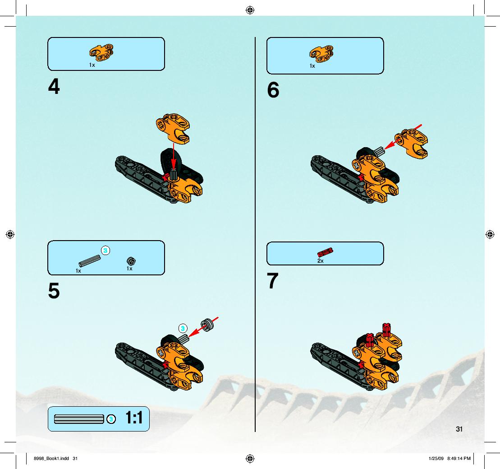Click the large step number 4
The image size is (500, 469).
[x=54, y=86]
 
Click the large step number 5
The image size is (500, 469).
[x=54, y=291]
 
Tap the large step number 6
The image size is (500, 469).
[x=273, y=90]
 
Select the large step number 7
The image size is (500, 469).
[x=273, y=281]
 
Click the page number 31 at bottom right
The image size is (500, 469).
[x=459, y=429]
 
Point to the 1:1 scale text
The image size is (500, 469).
[x=134, y=418]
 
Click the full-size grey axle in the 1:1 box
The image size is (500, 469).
[x=79, y=419]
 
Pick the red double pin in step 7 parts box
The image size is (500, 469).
[x=325, y=252]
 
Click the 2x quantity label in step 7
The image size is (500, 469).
[x=321, y=261]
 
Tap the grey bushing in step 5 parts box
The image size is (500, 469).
[x=131, y=261]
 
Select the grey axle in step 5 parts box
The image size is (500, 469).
[x=90, y=261]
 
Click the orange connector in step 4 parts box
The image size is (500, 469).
[x=101, y=53]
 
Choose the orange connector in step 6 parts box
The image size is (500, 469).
[x=321, y=54]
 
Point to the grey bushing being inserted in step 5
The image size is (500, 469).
[x=207, y=325]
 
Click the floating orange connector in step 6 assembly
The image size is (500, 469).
[x=411, y=144]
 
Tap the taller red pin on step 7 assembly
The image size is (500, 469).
[x=386, y=330]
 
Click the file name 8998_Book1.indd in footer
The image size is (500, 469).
[x=51, y=459]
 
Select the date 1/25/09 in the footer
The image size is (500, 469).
[x=436, y=459]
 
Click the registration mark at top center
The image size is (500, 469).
[x=250, y=10]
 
